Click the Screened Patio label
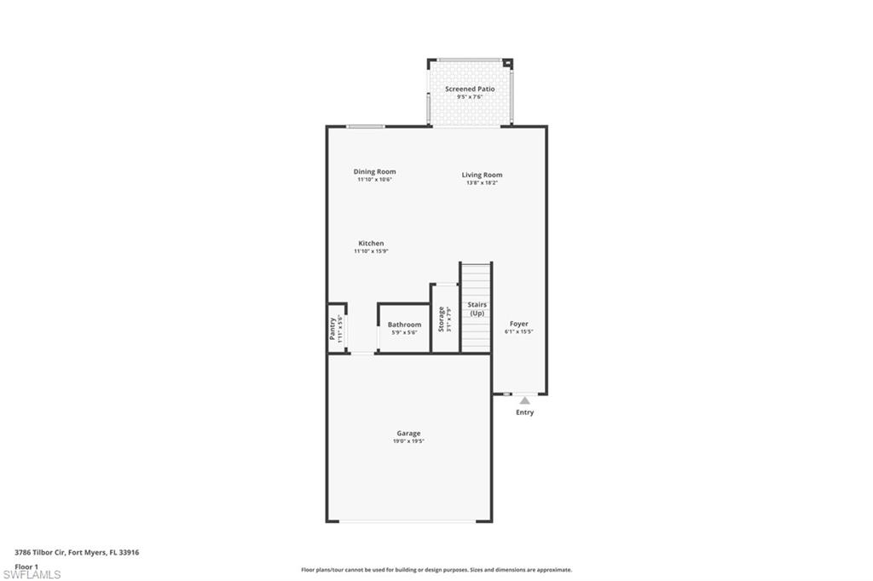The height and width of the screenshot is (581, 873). (470, 89)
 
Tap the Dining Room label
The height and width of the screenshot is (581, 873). (374, 172)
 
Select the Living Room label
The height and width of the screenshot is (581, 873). (482, 175)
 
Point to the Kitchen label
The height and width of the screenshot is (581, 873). (371, 244)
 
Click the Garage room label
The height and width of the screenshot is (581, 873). (408, 434)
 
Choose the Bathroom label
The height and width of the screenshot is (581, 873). (404, 325)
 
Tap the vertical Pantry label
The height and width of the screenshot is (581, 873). (332, 328)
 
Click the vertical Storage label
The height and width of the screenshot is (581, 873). (441, 319)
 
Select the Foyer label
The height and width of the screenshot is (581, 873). (519, 324)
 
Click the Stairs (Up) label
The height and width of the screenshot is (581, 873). (477, 308)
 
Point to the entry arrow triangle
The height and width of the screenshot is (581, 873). (525, 400)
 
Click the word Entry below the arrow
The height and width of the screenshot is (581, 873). (525, 412)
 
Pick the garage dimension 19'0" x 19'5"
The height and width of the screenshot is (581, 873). (408, 441)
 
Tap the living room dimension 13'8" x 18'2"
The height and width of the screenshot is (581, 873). (482, 183)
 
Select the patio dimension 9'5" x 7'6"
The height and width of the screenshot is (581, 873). (470, 97)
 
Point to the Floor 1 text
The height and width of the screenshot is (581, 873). (26, 567)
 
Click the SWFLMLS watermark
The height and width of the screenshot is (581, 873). (32, 574)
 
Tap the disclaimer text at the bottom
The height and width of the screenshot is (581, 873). (436, 570)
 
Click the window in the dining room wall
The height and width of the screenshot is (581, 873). (365, 126)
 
